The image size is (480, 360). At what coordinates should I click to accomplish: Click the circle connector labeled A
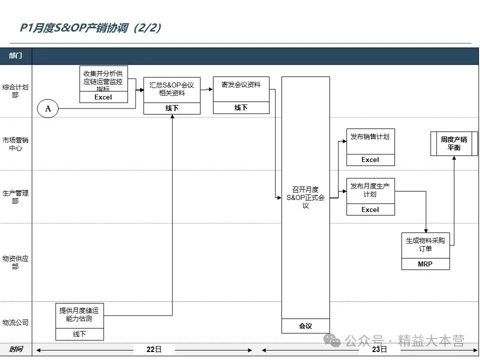tap(48, 108)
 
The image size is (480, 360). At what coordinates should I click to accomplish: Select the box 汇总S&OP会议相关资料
tap(171, 89)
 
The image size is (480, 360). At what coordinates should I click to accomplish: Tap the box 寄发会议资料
tap(241, 88)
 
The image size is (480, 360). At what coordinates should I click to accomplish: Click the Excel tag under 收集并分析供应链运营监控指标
tap(103, 97)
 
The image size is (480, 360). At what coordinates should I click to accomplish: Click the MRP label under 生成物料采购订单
tap(425, 264)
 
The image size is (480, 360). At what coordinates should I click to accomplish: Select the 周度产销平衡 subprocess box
tap(453, 143)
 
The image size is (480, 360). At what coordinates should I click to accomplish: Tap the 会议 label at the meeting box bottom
tap(305, 326)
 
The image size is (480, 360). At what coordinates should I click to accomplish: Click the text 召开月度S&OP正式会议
tap(305, 197)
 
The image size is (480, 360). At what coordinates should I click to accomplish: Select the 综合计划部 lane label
tap(15, 90)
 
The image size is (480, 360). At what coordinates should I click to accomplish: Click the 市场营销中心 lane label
tap(15, 144)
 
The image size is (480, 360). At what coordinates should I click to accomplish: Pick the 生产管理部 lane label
tap(15, 196)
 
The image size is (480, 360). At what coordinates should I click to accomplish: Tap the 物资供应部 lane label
tap(15, 262)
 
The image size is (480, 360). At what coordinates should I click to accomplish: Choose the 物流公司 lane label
tap(15, 322)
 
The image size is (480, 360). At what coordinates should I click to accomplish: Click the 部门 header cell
tap(15, 55)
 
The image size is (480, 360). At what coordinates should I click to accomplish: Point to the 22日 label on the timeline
tap(154, 349)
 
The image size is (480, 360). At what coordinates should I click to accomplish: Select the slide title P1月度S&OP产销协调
tap(90, 28)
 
